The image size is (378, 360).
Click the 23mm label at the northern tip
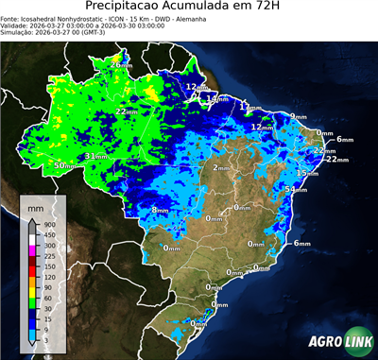121,64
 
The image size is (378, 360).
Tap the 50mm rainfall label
64,165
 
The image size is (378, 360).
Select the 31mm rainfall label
95,156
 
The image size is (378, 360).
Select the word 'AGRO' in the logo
322,340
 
